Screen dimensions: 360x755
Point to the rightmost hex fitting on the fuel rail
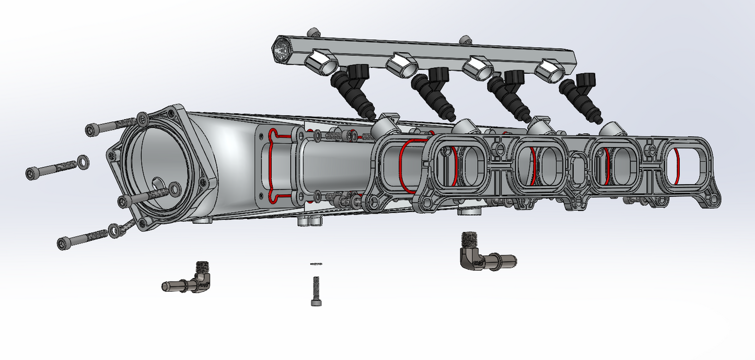coord(551,71)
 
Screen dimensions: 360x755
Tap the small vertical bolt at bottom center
coord(316,290)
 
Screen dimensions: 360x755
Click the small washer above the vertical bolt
coord(316,264)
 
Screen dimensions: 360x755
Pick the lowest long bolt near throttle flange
coord(81,239)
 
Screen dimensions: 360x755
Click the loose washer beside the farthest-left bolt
coord(83,159)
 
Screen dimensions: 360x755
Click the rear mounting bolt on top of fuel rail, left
coord(312,32)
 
